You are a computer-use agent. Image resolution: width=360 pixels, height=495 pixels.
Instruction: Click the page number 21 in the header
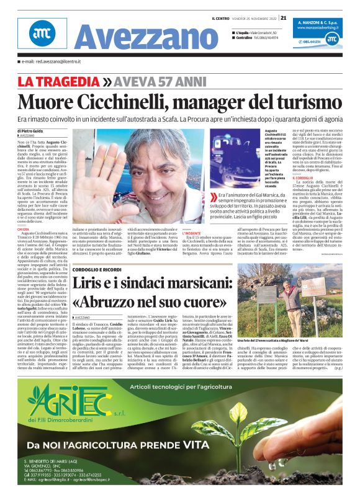pos(283,17)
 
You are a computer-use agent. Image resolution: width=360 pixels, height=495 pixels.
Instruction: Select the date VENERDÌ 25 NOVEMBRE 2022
pos(255,17)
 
